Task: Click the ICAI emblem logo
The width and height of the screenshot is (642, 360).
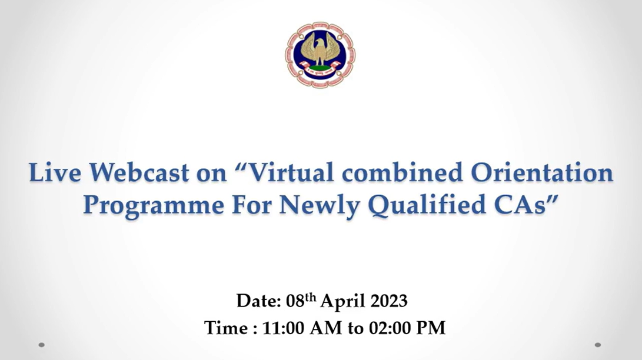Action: [320, 55]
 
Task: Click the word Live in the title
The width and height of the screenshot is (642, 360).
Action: [55, 172]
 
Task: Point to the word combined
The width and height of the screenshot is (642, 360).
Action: [403, 172]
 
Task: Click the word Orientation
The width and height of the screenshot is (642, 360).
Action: [542, 172]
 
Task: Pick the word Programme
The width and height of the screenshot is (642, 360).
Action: [154, 205]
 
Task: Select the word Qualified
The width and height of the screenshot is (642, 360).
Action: [427, 205]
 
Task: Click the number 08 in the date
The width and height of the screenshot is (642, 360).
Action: [295, 301]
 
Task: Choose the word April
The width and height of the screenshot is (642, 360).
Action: [342, 302]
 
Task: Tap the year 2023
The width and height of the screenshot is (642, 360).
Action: [389, 301]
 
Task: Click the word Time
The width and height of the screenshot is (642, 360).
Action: [227, 328]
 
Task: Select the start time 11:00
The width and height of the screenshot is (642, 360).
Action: [283, 328]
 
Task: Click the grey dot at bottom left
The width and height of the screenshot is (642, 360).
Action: [41, 345]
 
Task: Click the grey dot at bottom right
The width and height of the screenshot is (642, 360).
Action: [598, 345]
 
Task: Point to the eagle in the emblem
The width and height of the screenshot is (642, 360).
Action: [321, 49]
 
